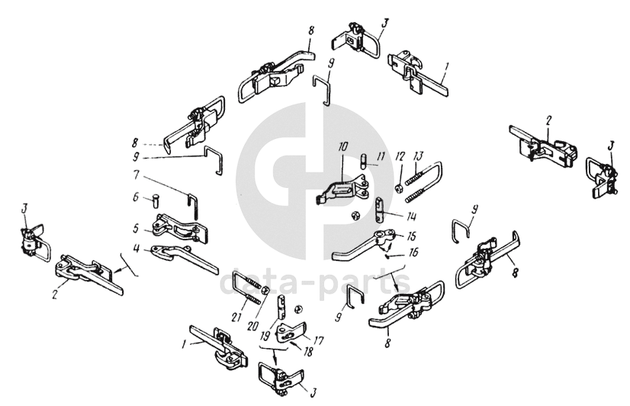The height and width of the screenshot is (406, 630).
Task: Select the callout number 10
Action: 343,145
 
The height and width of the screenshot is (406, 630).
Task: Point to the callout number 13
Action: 418,155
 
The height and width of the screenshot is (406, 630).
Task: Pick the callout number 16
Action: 413,251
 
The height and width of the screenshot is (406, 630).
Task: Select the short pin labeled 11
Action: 365,162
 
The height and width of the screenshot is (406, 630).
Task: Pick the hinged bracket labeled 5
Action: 177,224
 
